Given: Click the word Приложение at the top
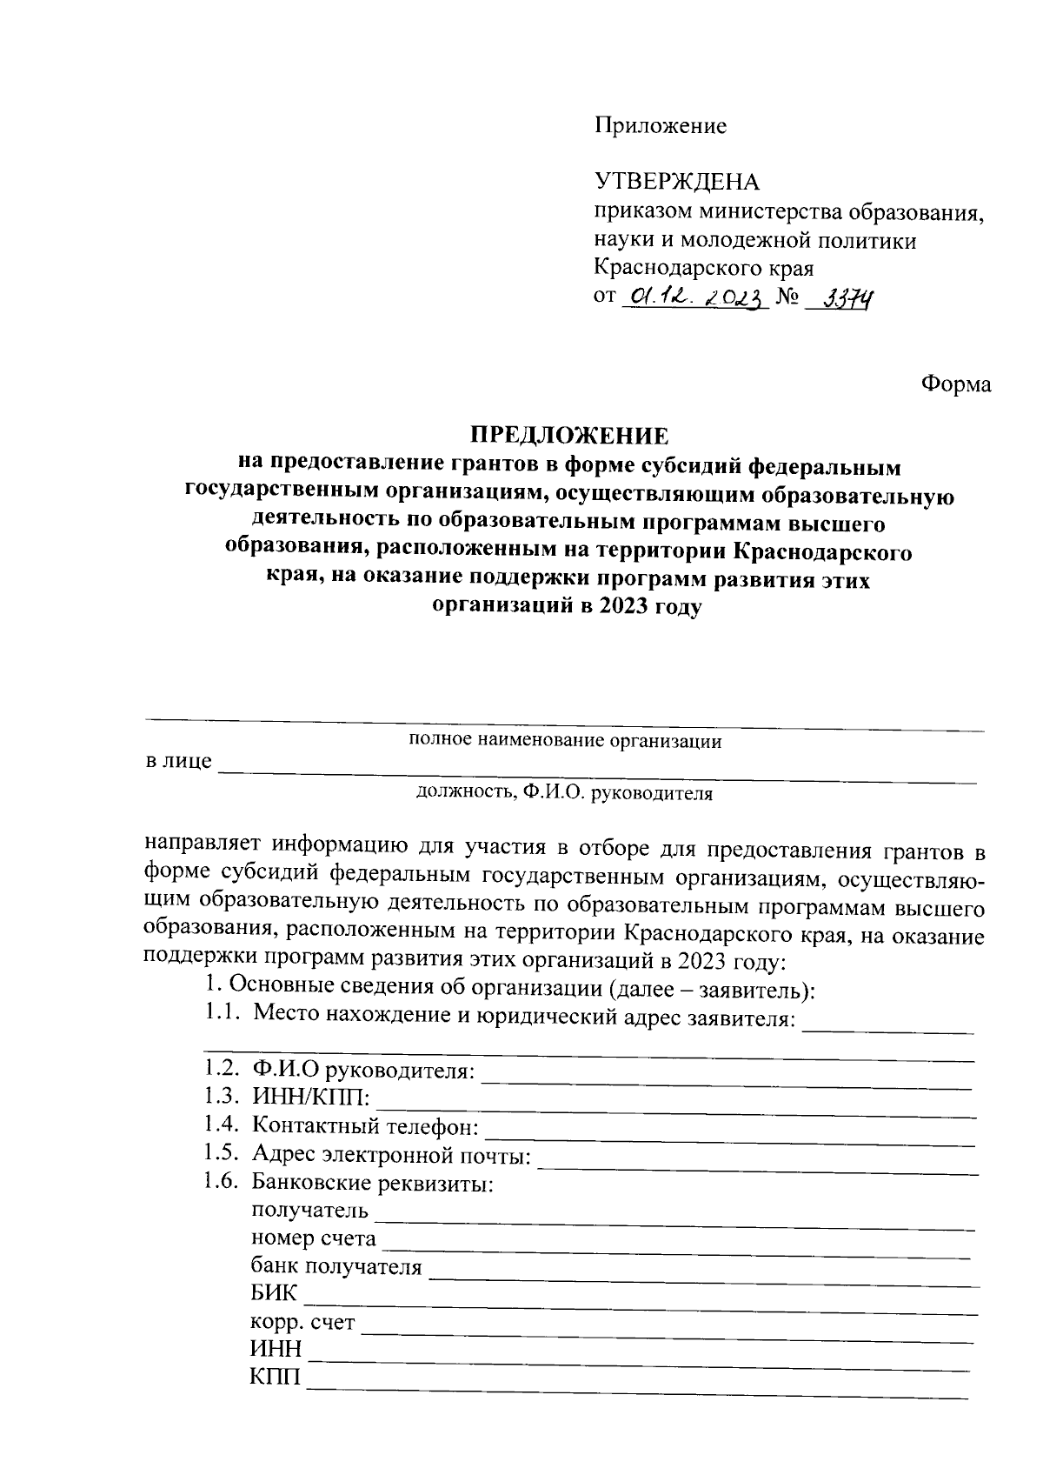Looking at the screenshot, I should click(x=660, y=126).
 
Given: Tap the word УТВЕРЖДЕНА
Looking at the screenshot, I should click(x=676, y=182).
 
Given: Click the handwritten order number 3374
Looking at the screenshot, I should click(x=840, y=299).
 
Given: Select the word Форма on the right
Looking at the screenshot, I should click(x=956, y=384).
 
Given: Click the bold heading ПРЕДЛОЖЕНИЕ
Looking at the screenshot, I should click(x=569, y=435).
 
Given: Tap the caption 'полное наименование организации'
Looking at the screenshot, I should click(x=565, y=741).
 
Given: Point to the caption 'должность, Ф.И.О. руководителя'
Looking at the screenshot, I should click(x=564, y=792).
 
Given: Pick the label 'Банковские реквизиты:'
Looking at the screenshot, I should click(x=373, y=1183).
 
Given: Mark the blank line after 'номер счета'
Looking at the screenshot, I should click(x=677, y=1251).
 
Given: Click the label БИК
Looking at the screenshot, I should click(x=274, y=1294).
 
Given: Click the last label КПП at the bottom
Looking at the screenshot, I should click(x=275, y=1377).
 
